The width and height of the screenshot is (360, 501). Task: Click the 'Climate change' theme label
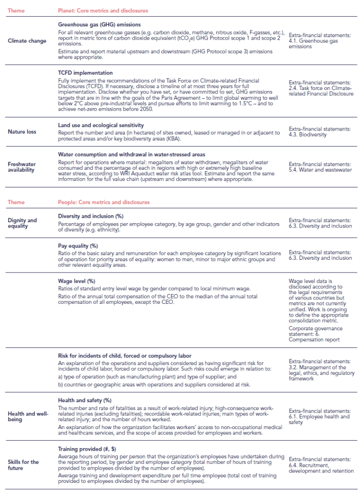(27, 41)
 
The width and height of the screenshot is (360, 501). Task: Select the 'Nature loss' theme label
(22, 131)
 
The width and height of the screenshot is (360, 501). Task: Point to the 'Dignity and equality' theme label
(22, 223)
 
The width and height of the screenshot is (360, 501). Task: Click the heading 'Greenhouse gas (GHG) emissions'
(99, 24)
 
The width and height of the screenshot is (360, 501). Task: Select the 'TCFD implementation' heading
(85, 73)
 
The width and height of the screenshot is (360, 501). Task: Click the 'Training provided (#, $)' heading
(88, 448)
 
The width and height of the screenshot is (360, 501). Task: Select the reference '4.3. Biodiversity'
(307, 135)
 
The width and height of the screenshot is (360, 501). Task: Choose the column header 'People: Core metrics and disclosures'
(104, 202)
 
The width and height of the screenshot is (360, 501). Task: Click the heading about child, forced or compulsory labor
(124, 355)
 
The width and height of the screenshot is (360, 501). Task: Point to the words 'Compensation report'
(315, 340)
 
